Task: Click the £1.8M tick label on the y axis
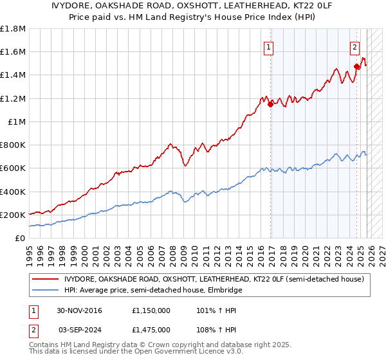tap(13, 29)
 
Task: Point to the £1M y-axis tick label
tap(16, 122)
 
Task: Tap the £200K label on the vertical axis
tap(13, 215)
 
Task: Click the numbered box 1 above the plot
tap(268, 46)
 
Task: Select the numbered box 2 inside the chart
tap(354, 46)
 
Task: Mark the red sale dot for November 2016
tap(270, 105)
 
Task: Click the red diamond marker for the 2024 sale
tap(356, 66)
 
